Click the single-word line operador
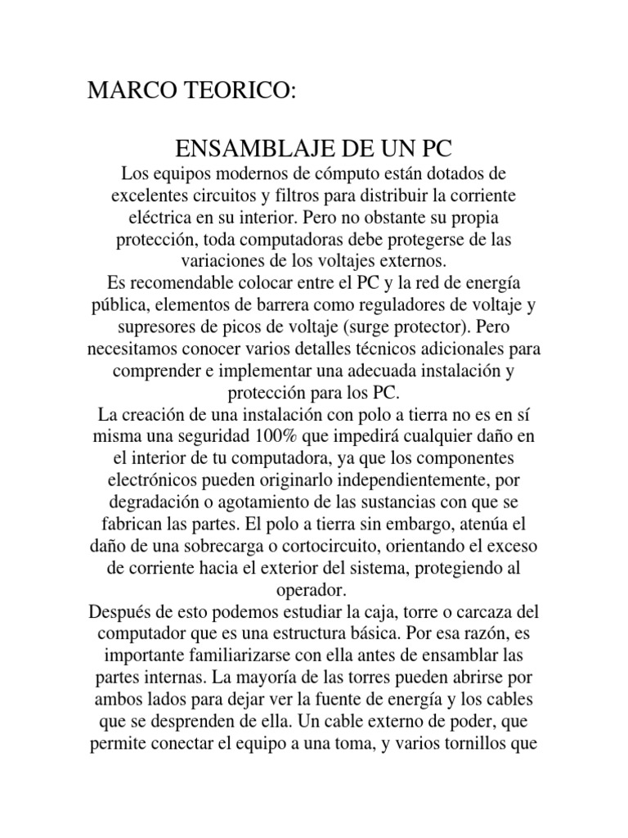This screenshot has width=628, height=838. click(313, 588)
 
